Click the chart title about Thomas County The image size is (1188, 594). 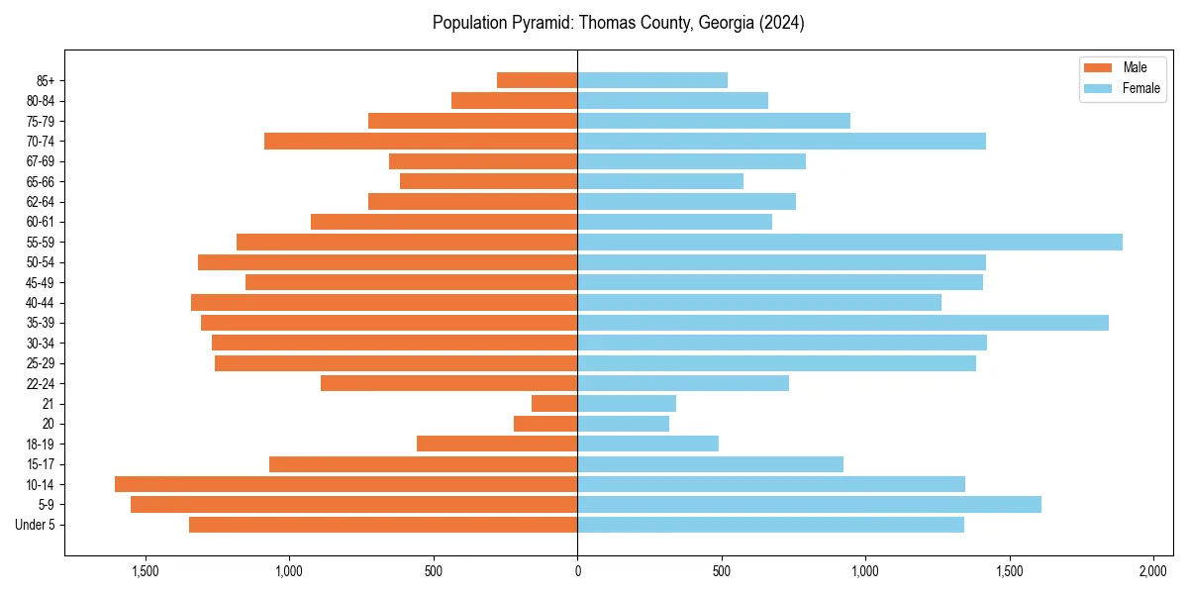[x=618, y=23]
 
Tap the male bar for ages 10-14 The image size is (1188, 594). [x=346, y=484]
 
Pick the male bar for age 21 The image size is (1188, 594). [x=554, y=403]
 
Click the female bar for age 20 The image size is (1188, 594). [x=623, y=424]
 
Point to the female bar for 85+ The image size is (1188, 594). [x=651, y=80]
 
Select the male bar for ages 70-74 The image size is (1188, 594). [x=421, y=141]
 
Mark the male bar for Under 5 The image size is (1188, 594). [x=383, y=525]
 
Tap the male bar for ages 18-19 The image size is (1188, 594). [x=497, y=444]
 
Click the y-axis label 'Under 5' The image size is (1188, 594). [x=35, y=525]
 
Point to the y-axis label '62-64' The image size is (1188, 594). [x=40, y=202]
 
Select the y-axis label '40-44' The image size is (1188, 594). [x=40, y=303]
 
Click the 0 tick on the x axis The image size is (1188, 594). [x=577, y=571]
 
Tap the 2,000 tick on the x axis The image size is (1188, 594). [x=1153, y=571]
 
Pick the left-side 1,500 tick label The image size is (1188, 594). [x=145, y=571]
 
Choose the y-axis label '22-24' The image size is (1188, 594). [x=40, y=383]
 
